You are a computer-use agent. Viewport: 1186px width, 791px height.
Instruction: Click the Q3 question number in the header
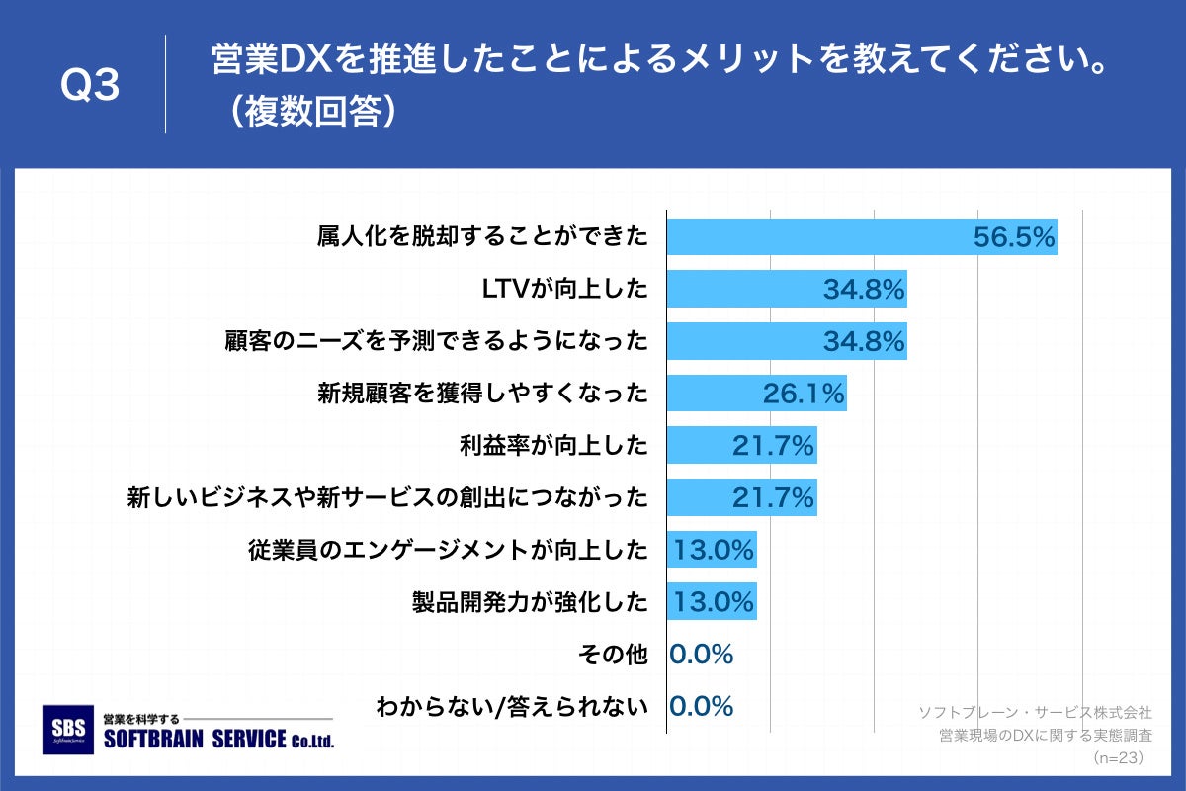90,87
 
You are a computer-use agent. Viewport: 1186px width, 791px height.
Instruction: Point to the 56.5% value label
1014,237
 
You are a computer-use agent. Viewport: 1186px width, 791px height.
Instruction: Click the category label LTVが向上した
564,289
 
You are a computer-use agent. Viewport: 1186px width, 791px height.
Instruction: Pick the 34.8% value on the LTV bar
864,290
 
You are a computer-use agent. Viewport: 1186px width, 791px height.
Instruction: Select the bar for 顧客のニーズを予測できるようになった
786,341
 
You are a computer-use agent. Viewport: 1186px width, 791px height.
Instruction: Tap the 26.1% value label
804,395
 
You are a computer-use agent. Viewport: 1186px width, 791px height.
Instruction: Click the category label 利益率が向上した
551,446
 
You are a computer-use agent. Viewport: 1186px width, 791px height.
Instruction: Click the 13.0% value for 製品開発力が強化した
713,601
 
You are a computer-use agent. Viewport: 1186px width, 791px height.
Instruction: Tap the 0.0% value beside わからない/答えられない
701,706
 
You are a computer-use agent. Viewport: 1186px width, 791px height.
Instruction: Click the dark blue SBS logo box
70,730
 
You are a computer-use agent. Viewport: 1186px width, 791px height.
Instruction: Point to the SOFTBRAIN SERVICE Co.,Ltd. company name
218,740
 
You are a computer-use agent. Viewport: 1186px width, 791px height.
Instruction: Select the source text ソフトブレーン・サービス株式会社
1035,712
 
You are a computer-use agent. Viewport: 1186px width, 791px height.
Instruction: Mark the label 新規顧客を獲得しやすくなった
482,394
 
